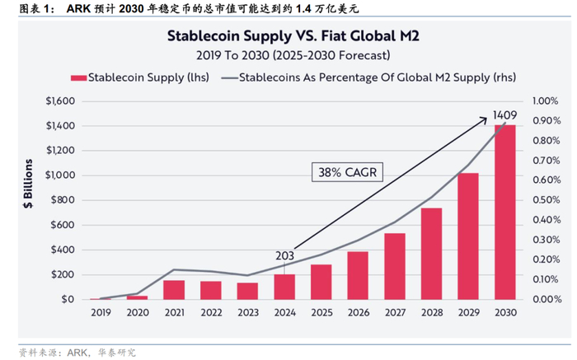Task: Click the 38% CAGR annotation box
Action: (345, 172)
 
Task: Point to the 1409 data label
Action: (504, 114)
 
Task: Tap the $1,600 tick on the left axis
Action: (59, 101)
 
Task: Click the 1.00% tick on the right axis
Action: (547, 101)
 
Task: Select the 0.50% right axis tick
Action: (547, 200)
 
